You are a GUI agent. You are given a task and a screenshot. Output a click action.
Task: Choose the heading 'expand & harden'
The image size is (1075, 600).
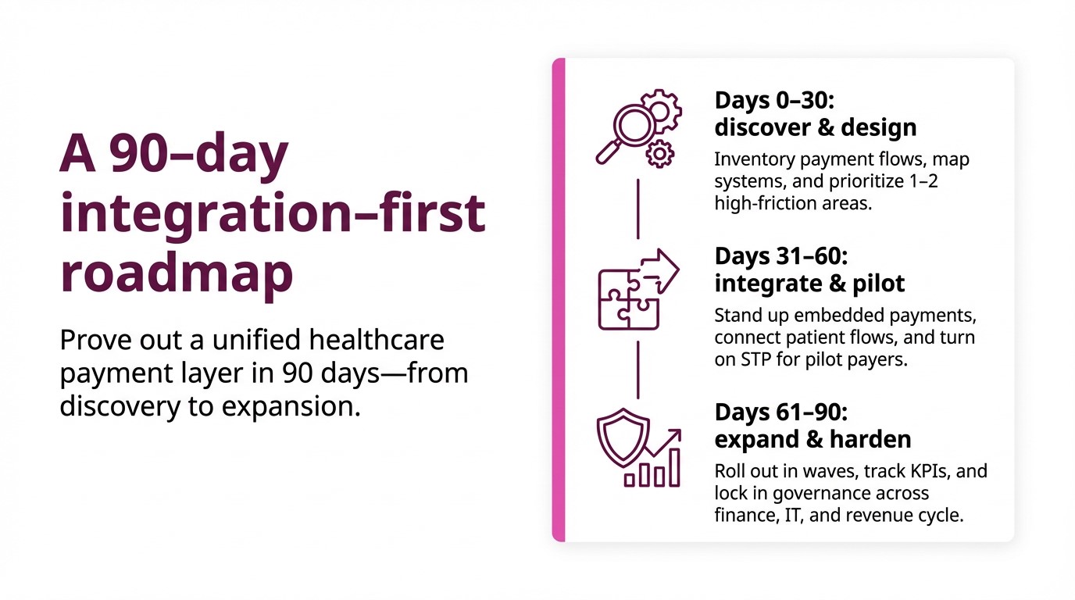click(812, 439)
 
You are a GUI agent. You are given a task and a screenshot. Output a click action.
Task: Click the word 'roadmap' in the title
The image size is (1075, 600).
click(177, 274)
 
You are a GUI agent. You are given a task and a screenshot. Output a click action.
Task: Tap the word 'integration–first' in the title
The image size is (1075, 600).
click(273, 214)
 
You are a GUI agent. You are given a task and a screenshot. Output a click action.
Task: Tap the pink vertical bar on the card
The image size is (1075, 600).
click(558, 299)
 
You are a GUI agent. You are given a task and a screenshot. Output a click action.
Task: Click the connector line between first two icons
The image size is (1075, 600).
click(638, 209)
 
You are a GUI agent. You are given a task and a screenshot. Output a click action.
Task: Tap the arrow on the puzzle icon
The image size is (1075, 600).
click(660, 270)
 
